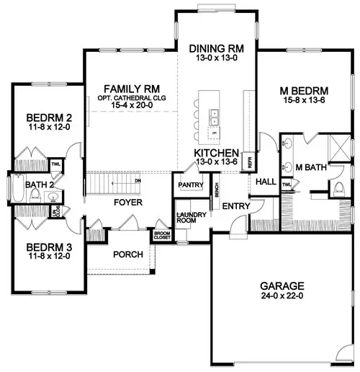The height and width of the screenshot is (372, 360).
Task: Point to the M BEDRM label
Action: (304, 91)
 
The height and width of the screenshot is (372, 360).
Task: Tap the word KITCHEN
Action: (216, 153)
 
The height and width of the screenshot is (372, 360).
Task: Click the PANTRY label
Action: (189, 185)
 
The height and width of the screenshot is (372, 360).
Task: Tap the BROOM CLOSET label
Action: (162, 236)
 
